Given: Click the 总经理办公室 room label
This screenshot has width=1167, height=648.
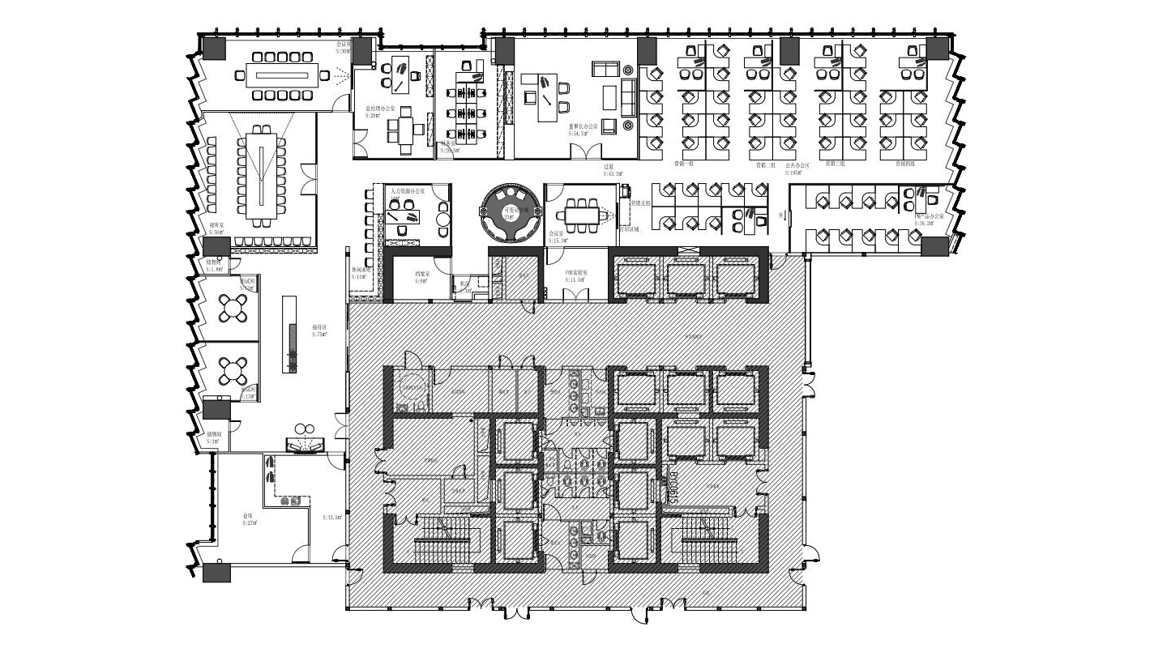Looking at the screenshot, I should tap(379, 111).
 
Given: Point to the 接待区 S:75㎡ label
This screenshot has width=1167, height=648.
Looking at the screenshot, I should tap(318, 330).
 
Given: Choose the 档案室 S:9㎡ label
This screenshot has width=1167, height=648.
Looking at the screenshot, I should tap(421, 278).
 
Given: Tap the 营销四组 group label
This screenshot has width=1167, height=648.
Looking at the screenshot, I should tap(905, 164).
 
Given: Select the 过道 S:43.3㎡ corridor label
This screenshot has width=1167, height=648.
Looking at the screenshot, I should tap(613, 170).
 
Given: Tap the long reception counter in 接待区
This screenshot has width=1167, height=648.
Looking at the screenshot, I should tap(289, 335).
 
